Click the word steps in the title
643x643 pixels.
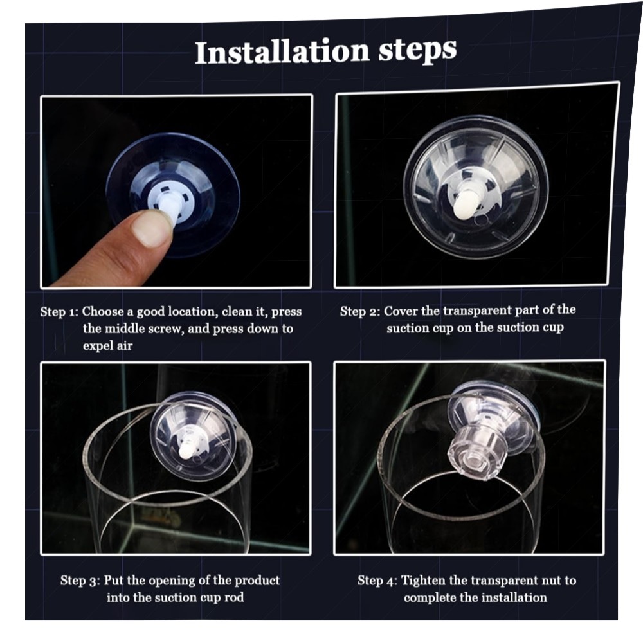click(417, 50)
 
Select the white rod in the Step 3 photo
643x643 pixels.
click(187, 447)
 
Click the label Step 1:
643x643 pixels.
click(59, 312)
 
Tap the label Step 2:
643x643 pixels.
click(359, 312)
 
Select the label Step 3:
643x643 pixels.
click(80, 581)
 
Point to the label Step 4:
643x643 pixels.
click(377, 581)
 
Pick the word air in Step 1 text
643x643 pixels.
click(124, 346)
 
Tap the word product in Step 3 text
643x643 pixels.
click(257, 581)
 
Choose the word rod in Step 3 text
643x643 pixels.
click(234, 597)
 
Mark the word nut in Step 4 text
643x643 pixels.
click(552, 581)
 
